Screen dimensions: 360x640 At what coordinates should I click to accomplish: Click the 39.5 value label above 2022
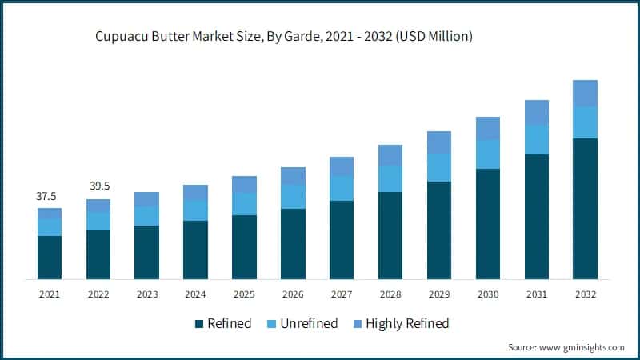(x=98, y=186)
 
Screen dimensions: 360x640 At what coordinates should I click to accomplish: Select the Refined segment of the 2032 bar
(x=585, y=208)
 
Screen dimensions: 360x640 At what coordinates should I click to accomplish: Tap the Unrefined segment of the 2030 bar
(x=488, y=154)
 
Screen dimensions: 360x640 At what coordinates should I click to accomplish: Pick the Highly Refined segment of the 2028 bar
(x=390, y=155)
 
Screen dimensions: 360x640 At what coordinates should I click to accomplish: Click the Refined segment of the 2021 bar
(x=50, y=257)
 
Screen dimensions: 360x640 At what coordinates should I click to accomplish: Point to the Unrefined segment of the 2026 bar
(x=293, y=197)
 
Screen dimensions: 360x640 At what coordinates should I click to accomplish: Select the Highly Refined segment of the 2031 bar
(x=536, y=112)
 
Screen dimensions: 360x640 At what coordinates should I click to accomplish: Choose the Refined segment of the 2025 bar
(x=244, y=246)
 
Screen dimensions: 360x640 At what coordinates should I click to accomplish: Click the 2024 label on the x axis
(x=195, y=294)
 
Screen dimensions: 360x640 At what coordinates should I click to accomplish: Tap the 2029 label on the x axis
(x=438, y=294)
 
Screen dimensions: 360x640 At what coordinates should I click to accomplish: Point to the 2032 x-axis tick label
(x=585, y=294)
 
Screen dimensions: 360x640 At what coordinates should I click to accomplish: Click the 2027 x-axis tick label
(x=342, y=294)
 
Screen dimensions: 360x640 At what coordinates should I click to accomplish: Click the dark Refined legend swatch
(x=198, y=324)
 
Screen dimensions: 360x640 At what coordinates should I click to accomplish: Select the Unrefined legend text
(x=308, y=324)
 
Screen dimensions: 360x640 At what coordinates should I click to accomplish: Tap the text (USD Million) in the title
(x=433, y=38)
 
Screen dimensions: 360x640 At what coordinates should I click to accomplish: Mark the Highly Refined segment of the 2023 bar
(x=146, y=199)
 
